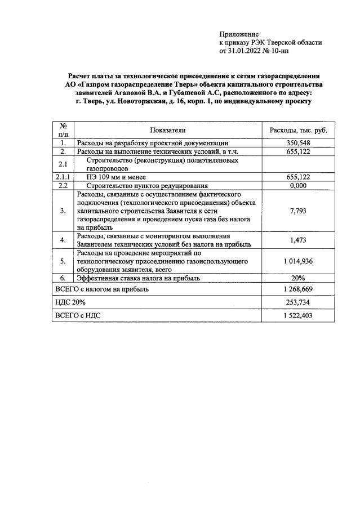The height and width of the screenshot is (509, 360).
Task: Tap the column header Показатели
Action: point(168,130)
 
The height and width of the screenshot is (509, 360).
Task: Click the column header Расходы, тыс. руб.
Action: point(299,130)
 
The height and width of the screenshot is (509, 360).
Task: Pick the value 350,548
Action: point(299,143)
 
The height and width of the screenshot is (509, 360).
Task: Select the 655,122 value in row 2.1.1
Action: point(299,177)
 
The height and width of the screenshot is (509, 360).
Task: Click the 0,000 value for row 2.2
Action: point(299,185)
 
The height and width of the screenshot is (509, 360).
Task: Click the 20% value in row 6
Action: point(299,278)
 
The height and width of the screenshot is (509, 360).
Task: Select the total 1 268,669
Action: point(299,289)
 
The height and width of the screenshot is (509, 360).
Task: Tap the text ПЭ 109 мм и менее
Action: point(116,177)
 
